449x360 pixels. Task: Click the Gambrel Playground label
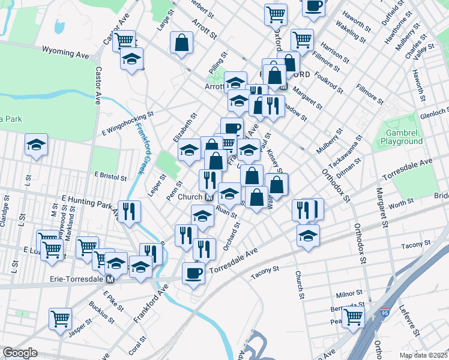tap(402, 136)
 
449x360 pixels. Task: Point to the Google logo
tap(20, 353)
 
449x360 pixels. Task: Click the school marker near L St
tap(36, 145)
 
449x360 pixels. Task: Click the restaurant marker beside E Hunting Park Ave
tap(130, 211)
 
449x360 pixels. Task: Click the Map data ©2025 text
tap(423, 355)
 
